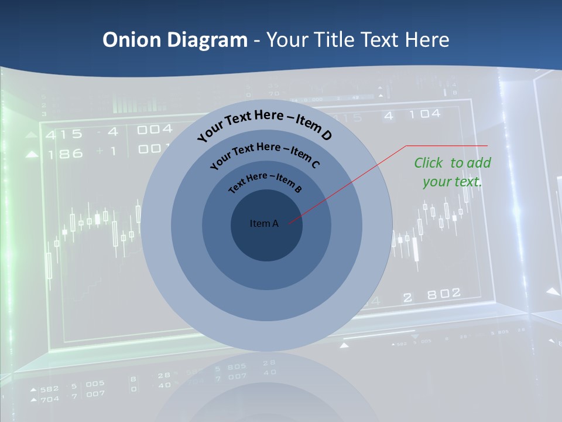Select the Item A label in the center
click(x=264, y=223)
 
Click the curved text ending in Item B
click(x=265, y=181)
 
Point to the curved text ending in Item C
click(x=265, y=154)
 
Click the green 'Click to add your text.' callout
click(x=453, y=172)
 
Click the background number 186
click(x=64, y=154)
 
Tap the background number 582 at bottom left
click(x=49, y=389)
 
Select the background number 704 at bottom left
click(x=49, y=399)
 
